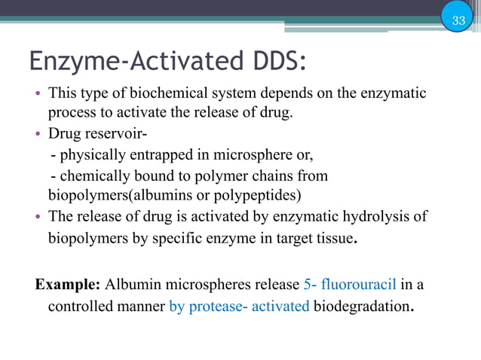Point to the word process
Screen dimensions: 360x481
(72, 114)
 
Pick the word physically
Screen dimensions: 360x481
(90, 156)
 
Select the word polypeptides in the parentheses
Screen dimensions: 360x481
(260, 196)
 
